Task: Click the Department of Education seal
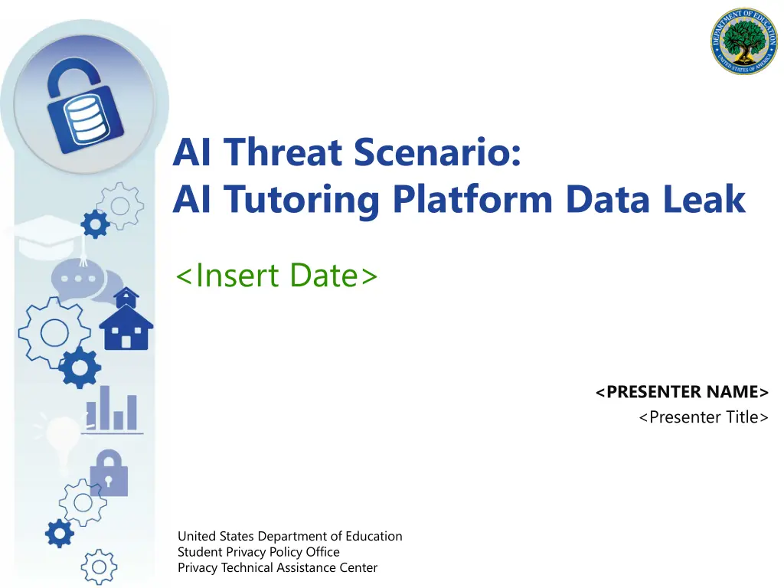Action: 744,41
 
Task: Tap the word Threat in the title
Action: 283,152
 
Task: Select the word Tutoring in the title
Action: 301,200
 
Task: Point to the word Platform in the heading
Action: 472,198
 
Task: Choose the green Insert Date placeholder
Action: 276,276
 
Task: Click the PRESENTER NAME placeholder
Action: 682,392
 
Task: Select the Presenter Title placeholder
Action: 704,417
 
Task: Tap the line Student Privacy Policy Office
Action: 259,552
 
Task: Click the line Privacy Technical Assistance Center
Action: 277,567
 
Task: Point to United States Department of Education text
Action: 290,536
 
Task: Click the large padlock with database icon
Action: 84,106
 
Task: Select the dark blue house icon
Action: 126,319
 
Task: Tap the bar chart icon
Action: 112,410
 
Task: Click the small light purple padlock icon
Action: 109,473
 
